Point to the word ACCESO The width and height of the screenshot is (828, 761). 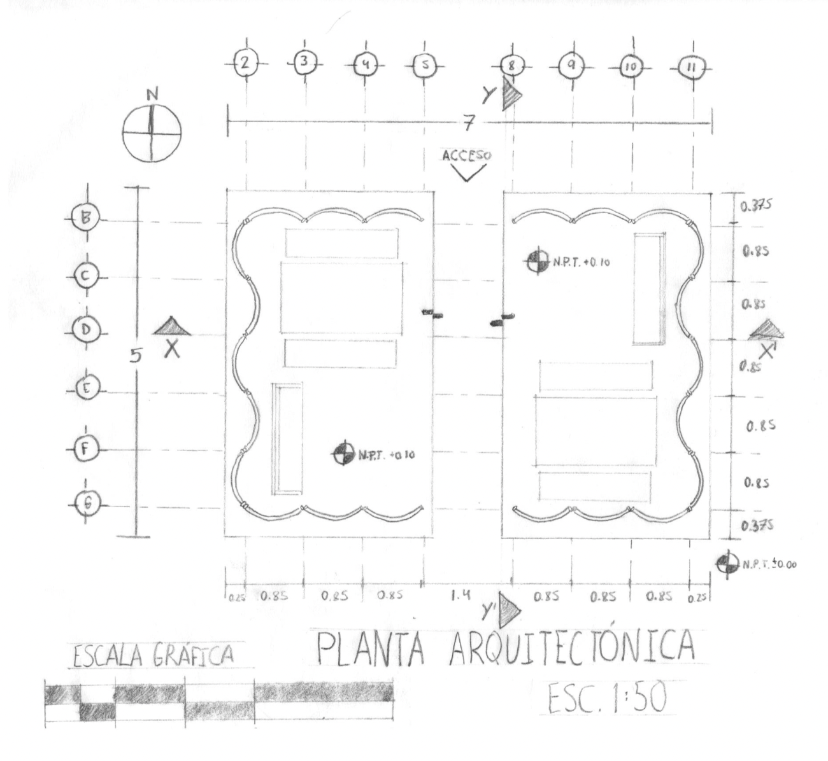(x=467, y=155)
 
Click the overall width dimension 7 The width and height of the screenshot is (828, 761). (x=468, y=123)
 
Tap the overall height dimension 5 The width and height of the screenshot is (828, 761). (x=136, y=356)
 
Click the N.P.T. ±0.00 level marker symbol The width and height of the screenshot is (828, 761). (x=727, y=564)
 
